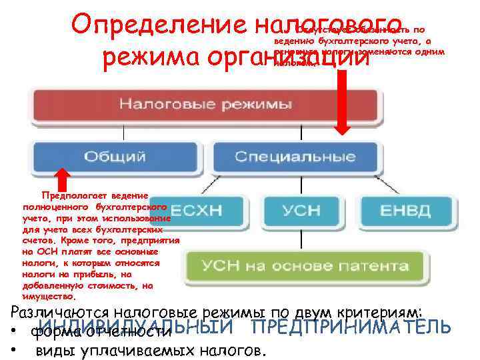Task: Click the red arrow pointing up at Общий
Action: (x=63, y=178)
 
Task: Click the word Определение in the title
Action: (x=160, y=27)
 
